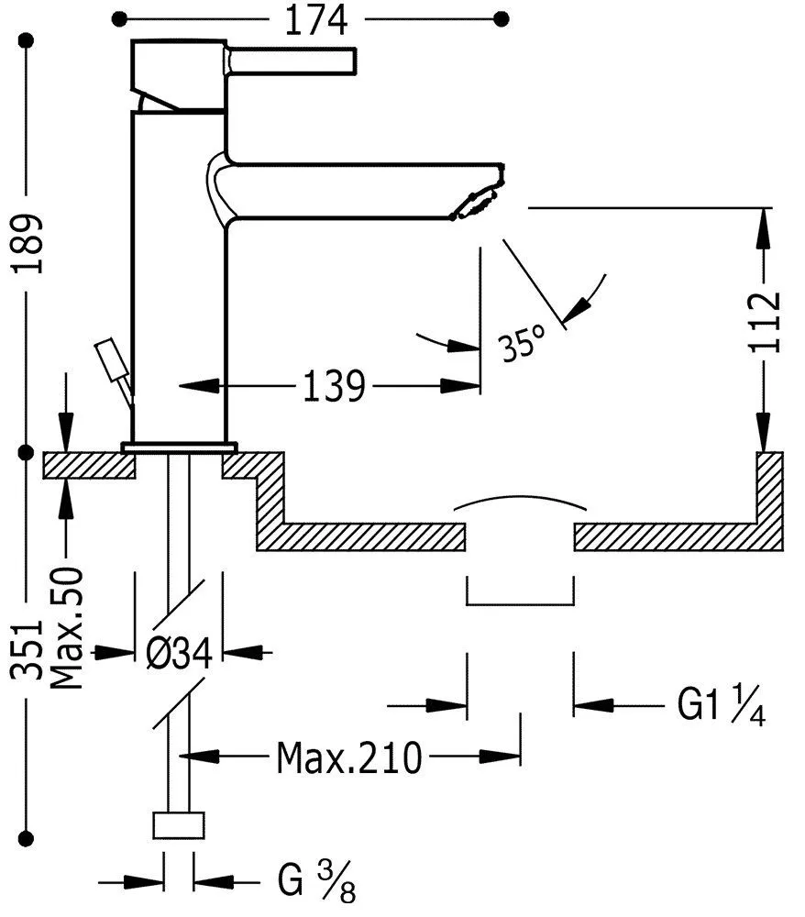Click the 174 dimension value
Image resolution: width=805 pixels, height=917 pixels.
pos(315,20)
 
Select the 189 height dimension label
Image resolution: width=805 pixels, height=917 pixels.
pos(28,244)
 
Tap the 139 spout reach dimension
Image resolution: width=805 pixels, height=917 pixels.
pos(334,386)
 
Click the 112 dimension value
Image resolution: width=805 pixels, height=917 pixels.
pos(765,321)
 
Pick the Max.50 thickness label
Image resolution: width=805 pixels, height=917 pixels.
pos(66,627)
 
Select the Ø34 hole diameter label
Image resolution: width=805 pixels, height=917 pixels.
pos(179,653)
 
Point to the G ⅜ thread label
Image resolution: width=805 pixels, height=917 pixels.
pos(316,880)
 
